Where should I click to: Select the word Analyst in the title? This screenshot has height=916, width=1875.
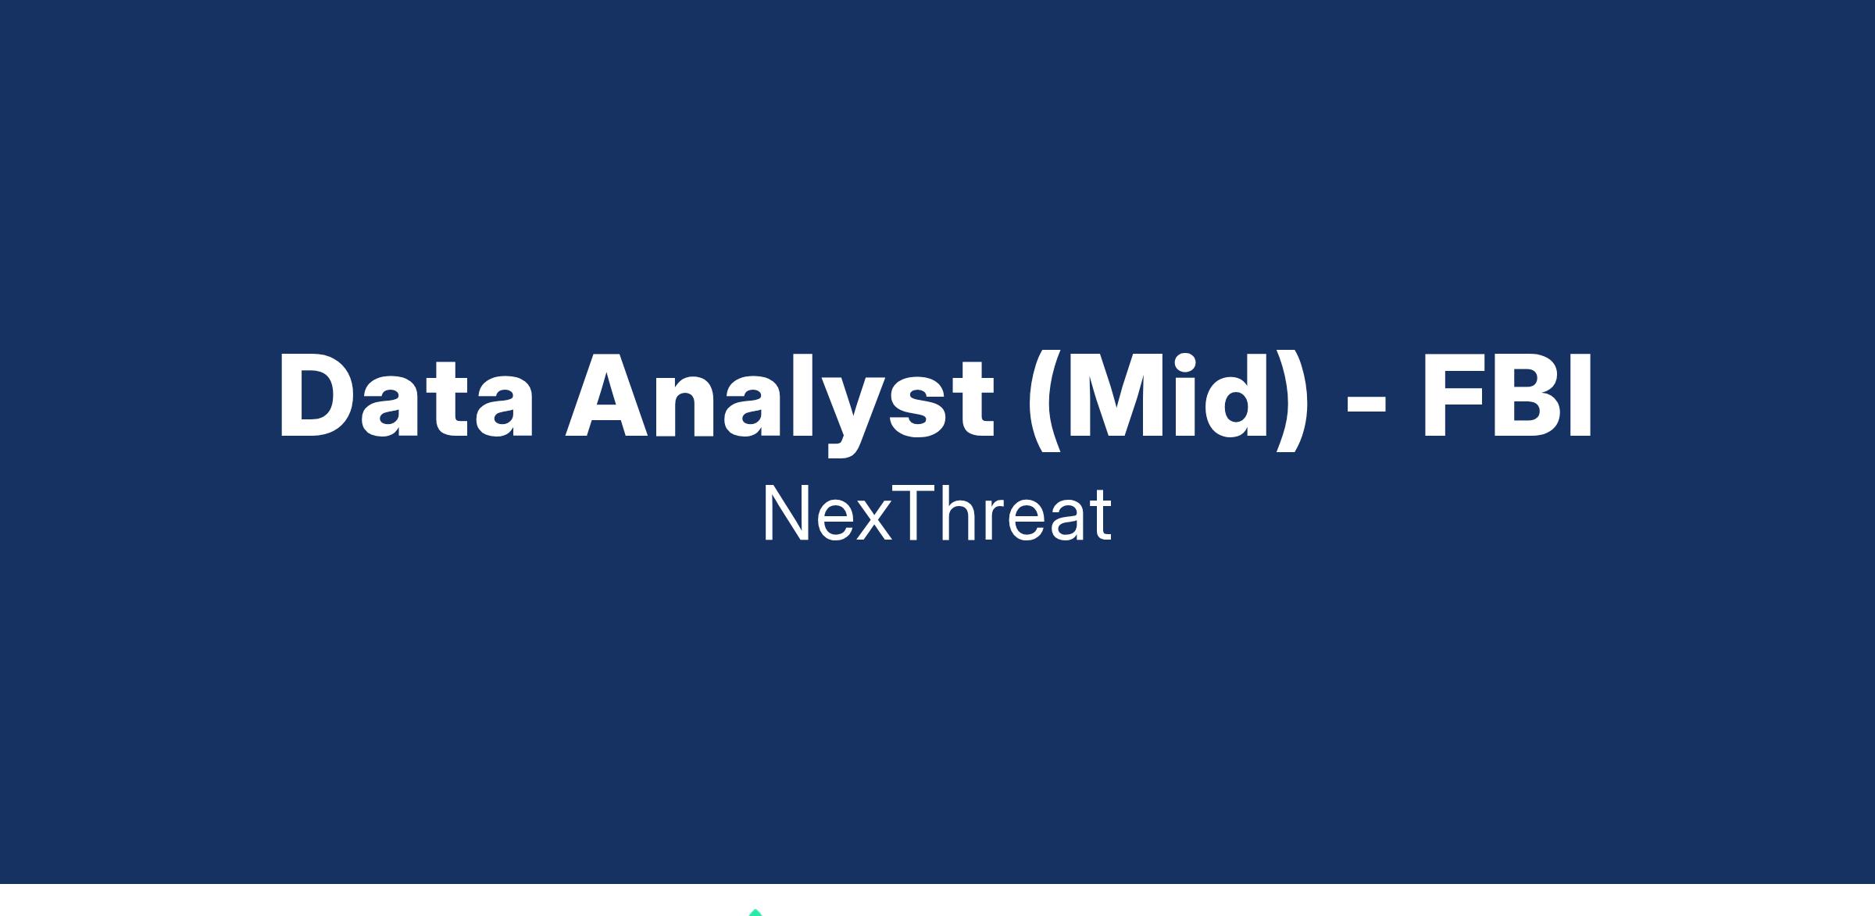point(780,403)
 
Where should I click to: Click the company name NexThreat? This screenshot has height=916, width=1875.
point(937,514)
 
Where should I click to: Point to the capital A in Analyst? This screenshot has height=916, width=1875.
point(611,395)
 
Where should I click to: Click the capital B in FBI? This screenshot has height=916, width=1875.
point(1527,395)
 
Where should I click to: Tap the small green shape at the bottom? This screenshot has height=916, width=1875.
point(755,912)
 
